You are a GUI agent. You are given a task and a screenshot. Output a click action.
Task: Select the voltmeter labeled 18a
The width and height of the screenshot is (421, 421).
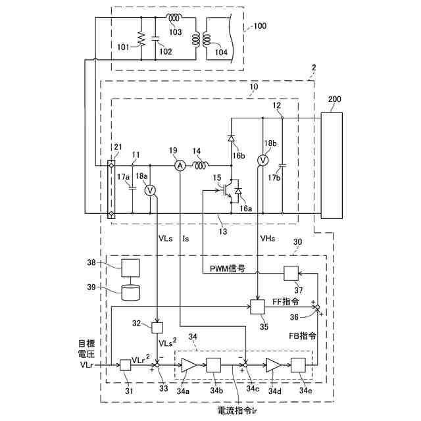pos(150,189)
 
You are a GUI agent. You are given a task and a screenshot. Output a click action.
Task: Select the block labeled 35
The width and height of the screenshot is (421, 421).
pos(257,307)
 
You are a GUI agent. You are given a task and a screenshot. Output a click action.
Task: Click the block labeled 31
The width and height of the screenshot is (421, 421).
pos(126,365)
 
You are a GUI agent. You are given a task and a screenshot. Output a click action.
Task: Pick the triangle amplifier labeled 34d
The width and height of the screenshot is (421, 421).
pos(273,365)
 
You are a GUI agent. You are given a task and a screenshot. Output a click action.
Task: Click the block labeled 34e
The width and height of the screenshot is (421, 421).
pos(299,365)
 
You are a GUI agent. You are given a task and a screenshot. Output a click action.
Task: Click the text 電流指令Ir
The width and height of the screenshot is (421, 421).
pos(241,409)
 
